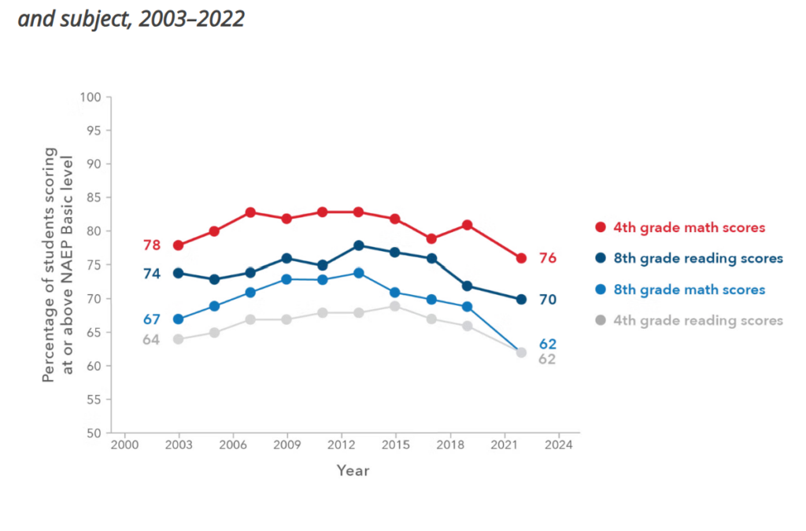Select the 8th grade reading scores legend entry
[x=689, y=258]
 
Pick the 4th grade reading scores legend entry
[x=689, y=320]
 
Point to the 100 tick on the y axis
[x=92, y=97]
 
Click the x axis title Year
[x=353, y=470]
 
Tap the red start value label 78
[x=152, y=245]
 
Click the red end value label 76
[x=548, y=258]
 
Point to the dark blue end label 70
[x=548, y=300]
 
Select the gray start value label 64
[x=152, y=340]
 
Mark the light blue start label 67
[x=152, y=319]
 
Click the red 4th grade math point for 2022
[x=521, y=258]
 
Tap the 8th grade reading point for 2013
[x=359, y=245]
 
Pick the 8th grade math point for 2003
[x=178, y=319]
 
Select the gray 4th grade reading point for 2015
[x=395, y=306]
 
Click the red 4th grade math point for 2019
[x=467, y=225]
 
